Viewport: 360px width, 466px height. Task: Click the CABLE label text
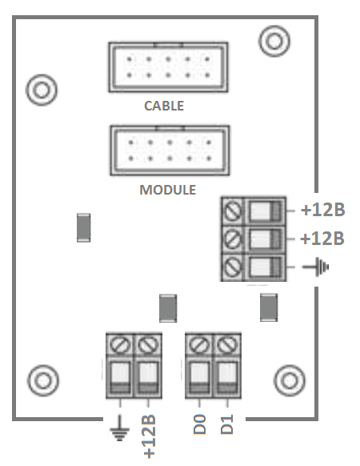coord(164,106)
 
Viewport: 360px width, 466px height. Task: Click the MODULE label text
coord(168,190)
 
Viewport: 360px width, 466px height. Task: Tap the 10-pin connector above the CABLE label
coord(169,67)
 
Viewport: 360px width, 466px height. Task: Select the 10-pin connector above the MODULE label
coord(170,151)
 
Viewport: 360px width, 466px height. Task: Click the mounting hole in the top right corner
coord(274,41)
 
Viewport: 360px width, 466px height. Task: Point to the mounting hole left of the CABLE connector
coord(42,90)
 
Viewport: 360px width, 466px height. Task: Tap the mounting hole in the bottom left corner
coord(43,380)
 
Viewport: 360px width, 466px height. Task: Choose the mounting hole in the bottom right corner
coord(290,380)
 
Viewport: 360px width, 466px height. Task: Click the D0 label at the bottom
coord(200,424)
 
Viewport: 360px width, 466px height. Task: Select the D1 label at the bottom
coord(227,424)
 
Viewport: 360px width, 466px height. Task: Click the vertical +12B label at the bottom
coord(150,436)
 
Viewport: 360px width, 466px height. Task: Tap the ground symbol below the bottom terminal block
coord(119,428)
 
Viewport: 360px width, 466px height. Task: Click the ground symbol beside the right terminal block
coord(316,267)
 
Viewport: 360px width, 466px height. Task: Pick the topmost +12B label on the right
coord(323,210)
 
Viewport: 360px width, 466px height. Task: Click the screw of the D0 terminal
coord(199,345)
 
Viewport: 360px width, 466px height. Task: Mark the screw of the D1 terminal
coord(227,345)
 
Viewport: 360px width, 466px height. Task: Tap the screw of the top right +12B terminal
coord(233,211)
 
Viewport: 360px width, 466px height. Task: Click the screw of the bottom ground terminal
coord(120,345)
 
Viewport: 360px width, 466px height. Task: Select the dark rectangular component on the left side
coord(83,227)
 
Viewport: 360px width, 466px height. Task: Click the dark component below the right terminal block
coord(269,307)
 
